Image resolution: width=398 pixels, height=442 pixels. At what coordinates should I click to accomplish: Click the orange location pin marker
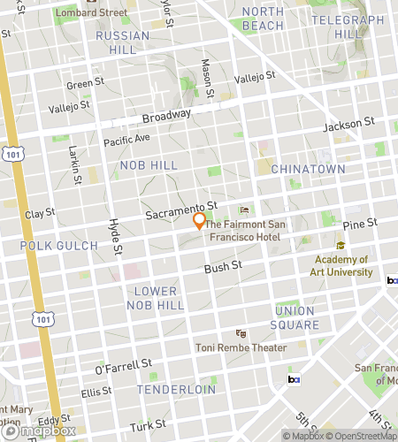tap(199, 221)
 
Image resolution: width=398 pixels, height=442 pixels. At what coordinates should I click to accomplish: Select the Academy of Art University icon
tap(341, 245)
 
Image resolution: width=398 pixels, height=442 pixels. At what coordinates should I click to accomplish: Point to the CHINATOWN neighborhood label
tap(308, 168)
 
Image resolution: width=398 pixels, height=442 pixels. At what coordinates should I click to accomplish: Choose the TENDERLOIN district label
tap(177, 389)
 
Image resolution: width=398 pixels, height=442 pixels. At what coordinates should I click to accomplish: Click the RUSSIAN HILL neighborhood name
tap(117, 42)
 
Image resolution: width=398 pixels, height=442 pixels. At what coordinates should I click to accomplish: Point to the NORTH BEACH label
tap(263, 18)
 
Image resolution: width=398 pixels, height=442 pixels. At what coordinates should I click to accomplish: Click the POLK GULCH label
tap(52, 245)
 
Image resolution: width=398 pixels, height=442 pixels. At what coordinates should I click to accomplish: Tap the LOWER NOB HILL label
tap(156, 298)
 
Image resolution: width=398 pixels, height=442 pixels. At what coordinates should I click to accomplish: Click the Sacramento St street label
tap(181, 206)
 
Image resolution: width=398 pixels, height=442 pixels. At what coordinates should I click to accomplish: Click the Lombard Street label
tap(90, 12)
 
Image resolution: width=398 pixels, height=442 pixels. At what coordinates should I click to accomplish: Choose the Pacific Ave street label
tap(126, 140)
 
